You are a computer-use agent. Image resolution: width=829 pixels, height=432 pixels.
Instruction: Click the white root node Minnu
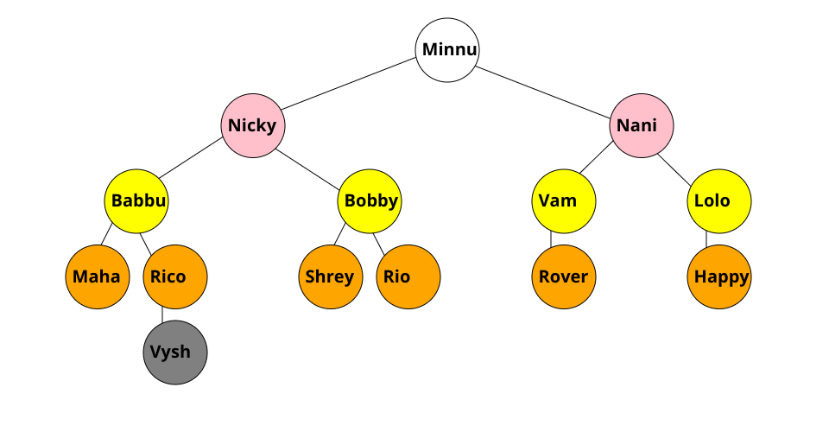[447, 50]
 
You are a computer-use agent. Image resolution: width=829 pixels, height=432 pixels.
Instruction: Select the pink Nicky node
[253, 126]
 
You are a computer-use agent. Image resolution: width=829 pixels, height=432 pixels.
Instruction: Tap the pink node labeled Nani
[642, 126]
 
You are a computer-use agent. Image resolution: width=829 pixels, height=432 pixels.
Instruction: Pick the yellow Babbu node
[136, 201]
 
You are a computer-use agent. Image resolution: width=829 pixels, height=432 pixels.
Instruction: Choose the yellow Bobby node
[370, 201]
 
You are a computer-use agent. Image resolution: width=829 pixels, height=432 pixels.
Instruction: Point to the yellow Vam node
[563, 201]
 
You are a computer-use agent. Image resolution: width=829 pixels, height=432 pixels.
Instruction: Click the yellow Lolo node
[719, 201]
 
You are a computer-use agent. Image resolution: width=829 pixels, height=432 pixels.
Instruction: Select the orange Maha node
[98, 277]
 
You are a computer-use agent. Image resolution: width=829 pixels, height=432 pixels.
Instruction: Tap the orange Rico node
[175, 277]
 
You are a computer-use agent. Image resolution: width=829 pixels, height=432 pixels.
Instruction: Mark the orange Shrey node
[331, 277]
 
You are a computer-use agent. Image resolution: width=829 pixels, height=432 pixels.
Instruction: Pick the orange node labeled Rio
[408, 277]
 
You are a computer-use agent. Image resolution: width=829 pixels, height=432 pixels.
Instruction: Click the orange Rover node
[563, 277]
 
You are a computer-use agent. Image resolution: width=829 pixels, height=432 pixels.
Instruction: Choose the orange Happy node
[719, 277]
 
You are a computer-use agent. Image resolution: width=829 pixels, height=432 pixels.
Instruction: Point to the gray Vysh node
[175, 353]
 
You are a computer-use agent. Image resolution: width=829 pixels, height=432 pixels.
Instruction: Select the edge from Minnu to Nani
[544, 88]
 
